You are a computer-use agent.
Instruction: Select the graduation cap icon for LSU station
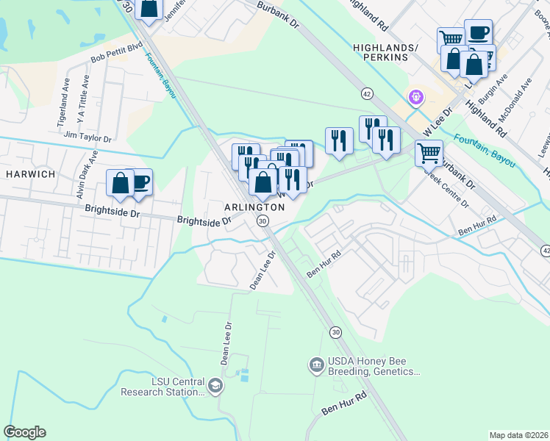(x=215, y=386)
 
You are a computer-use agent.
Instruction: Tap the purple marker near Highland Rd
(x=415, y=97)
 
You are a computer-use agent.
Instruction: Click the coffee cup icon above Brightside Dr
(x=139, y=182)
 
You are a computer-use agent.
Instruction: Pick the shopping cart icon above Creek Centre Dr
(x=428, y=153)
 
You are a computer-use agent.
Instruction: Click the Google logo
(x=24, y=432)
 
